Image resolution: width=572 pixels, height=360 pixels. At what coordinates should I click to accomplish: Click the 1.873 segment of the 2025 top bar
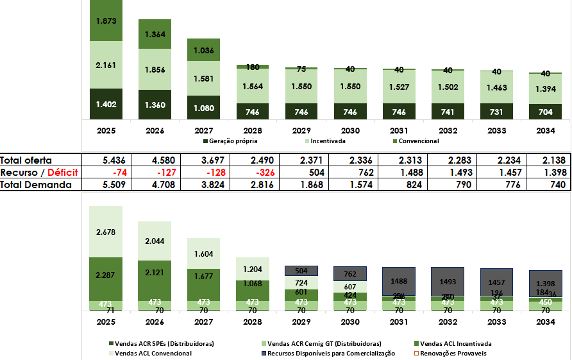tap(106, 21)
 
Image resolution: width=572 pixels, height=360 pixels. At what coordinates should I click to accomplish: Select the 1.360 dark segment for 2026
tap(155, 105)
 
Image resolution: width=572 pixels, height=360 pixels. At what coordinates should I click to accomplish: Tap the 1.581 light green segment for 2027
tap(203, 79)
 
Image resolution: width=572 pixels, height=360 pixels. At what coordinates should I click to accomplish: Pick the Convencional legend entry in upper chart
tap(416, 141)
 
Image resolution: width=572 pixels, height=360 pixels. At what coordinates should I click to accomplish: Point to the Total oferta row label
tap(26, 160)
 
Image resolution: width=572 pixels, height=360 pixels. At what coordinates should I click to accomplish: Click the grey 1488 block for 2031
tap(399, 281)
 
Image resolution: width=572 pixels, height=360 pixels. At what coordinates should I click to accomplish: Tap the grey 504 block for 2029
tap(301, 271)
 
